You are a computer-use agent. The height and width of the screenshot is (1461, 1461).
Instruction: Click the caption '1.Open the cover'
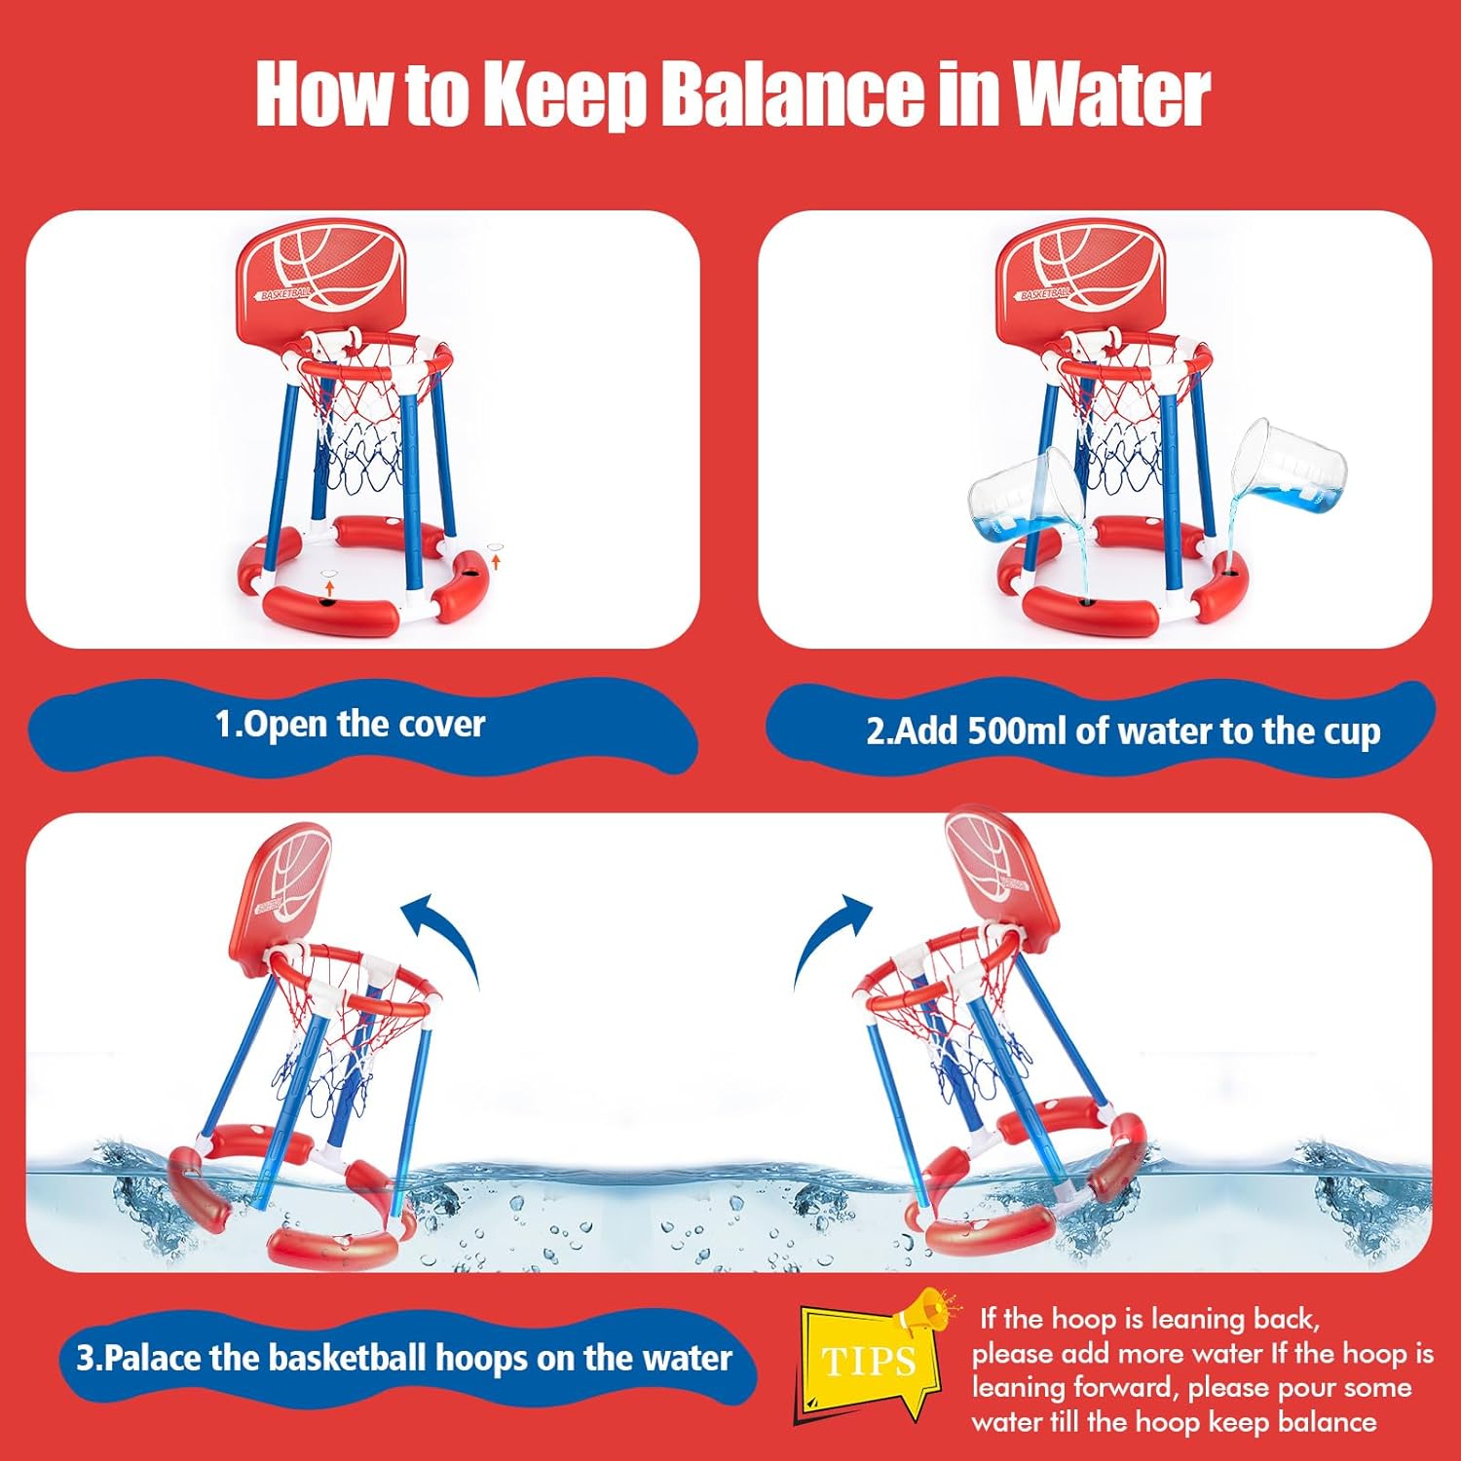pyautogui.click(x=350, y=725)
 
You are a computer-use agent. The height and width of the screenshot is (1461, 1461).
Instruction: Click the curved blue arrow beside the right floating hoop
pyautogui.click(x=831, y=935)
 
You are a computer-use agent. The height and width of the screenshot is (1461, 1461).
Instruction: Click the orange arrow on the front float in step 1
pyautogui.click(x=330, y=586)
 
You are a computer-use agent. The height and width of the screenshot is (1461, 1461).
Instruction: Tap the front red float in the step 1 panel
pyautogui.click(x=331, y=610)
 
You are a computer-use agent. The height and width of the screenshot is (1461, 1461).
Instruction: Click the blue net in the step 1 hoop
pyautogui.click(x=360, y=458)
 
